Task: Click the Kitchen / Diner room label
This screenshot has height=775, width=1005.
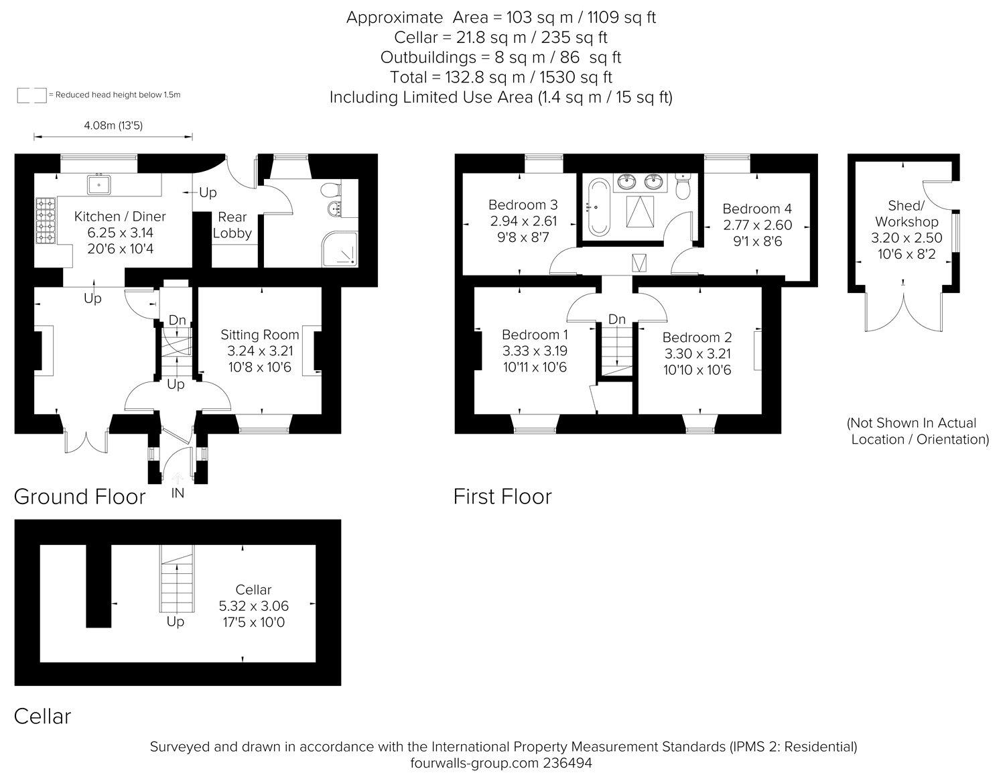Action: [120, 217]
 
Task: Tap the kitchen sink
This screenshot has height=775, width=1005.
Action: [99, 184]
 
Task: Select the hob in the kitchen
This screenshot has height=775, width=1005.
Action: [46, 221]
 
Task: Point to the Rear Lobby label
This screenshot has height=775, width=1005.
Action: [232, 225]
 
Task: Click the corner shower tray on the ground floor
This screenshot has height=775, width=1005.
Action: [340, 249]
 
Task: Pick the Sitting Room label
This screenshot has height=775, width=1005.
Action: [259, 335]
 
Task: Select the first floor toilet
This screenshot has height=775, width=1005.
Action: [683, 186]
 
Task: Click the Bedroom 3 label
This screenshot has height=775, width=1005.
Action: [523, 204]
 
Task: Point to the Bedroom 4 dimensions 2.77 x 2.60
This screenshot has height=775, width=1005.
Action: [758, 225]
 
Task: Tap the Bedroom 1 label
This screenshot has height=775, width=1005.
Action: [535, 335]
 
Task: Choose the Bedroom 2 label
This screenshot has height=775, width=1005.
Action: [697, 337]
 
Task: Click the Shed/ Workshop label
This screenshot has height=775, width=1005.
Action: [907, 213]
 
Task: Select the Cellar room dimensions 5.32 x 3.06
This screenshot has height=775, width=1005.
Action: [253, 605]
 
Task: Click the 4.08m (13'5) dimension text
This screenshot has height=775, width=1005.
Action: [113, 125]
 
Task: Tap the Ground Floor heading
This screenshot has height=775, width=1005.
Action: [80, 497]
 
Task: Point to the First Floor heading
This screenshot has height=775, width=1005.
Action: [503, 497]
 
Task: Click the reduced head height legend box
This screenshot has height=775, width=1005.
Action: [32, 95]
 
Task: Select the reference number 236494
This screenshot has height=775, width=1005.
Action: [567, 763]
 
